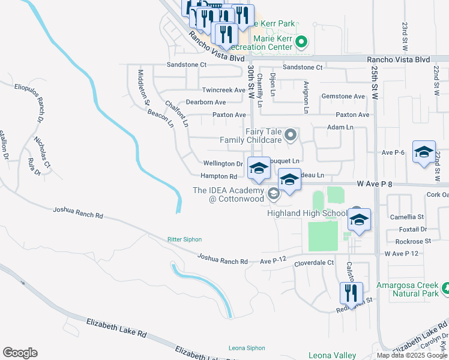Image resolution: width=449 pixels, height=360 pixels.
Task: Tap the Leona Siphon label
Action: [246, 348]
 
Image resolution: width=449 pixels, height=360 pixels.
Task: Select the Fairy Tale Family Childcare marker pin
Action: [291, 134]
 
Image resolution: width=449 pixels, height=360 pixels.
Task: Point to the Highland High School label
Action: [307, 213]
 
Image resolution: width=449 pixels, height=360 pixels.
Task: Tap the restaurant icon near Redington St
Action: [351, 293]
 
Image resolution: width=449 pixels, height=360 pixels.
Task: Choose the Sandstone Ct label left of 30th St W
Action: [186, 65]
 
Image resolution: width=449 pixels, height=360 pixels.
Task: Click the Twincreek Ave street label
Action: [223, 90]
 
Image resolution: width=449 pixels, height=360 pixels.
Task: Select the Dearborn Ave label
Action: [205, 103]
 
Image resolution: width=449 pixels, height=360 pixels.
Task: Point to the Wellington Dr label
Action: [222, 163]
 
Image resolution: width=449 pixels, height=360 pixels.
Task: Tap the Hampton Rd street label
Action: [218, 176]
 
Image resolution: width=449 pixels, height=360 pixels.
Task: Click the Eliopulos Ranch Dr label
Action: [38, 99]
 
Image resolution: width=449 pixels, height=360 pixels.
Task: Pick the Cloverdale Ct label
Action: [313, 263]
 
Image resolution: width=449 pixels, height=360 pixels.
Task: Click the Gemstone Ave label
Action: [343, 96]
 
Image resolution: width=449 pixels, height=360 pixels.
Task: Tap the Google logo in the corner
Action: [20, 353]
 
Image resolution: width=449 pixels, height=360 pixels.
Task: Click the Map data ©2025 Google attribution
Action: [412, 355]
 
